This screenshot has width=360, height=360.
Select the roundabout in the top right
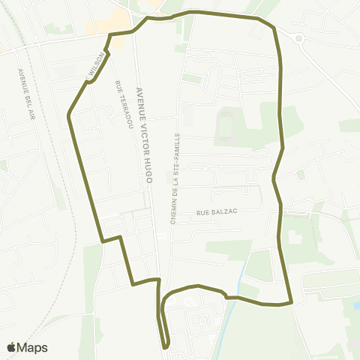298,37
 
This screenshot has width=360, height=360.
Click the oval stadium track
223,126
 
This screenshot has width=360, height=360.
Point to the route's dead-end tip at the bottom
166,346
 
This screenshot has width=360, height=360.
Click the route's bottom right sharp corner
289,303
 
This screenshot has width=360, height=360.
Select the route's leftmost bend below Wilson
69,115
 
